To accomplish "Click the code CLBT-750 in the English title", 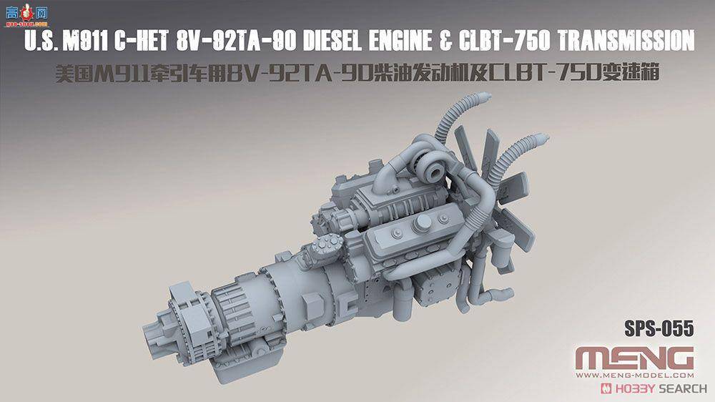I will [498, 42].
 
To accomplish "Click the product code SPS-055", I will [658, 329].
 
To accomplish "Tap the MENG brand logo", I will [634, 356].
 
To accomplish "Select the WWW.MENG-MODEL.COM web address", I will [634, 375].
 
